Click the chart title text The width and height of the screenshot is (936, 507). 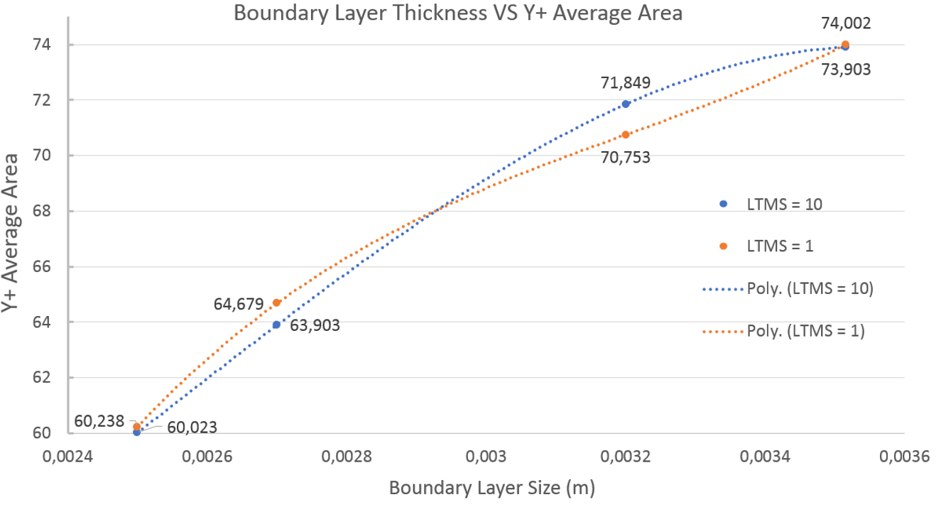459,13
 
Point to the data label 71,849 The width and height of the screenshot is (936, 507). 625,82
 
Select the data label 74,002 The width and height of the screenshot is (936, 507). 845,23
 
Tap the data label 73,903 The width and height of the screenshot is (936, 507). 845,70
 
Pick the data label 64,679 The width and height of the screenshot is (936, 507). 239,304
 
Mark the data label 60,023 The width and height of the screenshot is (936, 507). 192,427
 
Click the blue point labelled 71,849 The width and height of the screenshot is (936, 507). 626,104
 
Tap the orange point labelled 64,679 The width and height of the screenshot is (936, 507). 276,302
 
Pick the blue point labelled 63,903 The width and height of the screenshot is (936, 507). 276,325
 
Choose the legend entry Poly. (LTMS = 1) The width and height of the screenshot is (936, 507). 805,331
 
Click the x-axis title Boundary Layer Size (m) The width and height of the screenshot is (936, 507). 491,489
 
